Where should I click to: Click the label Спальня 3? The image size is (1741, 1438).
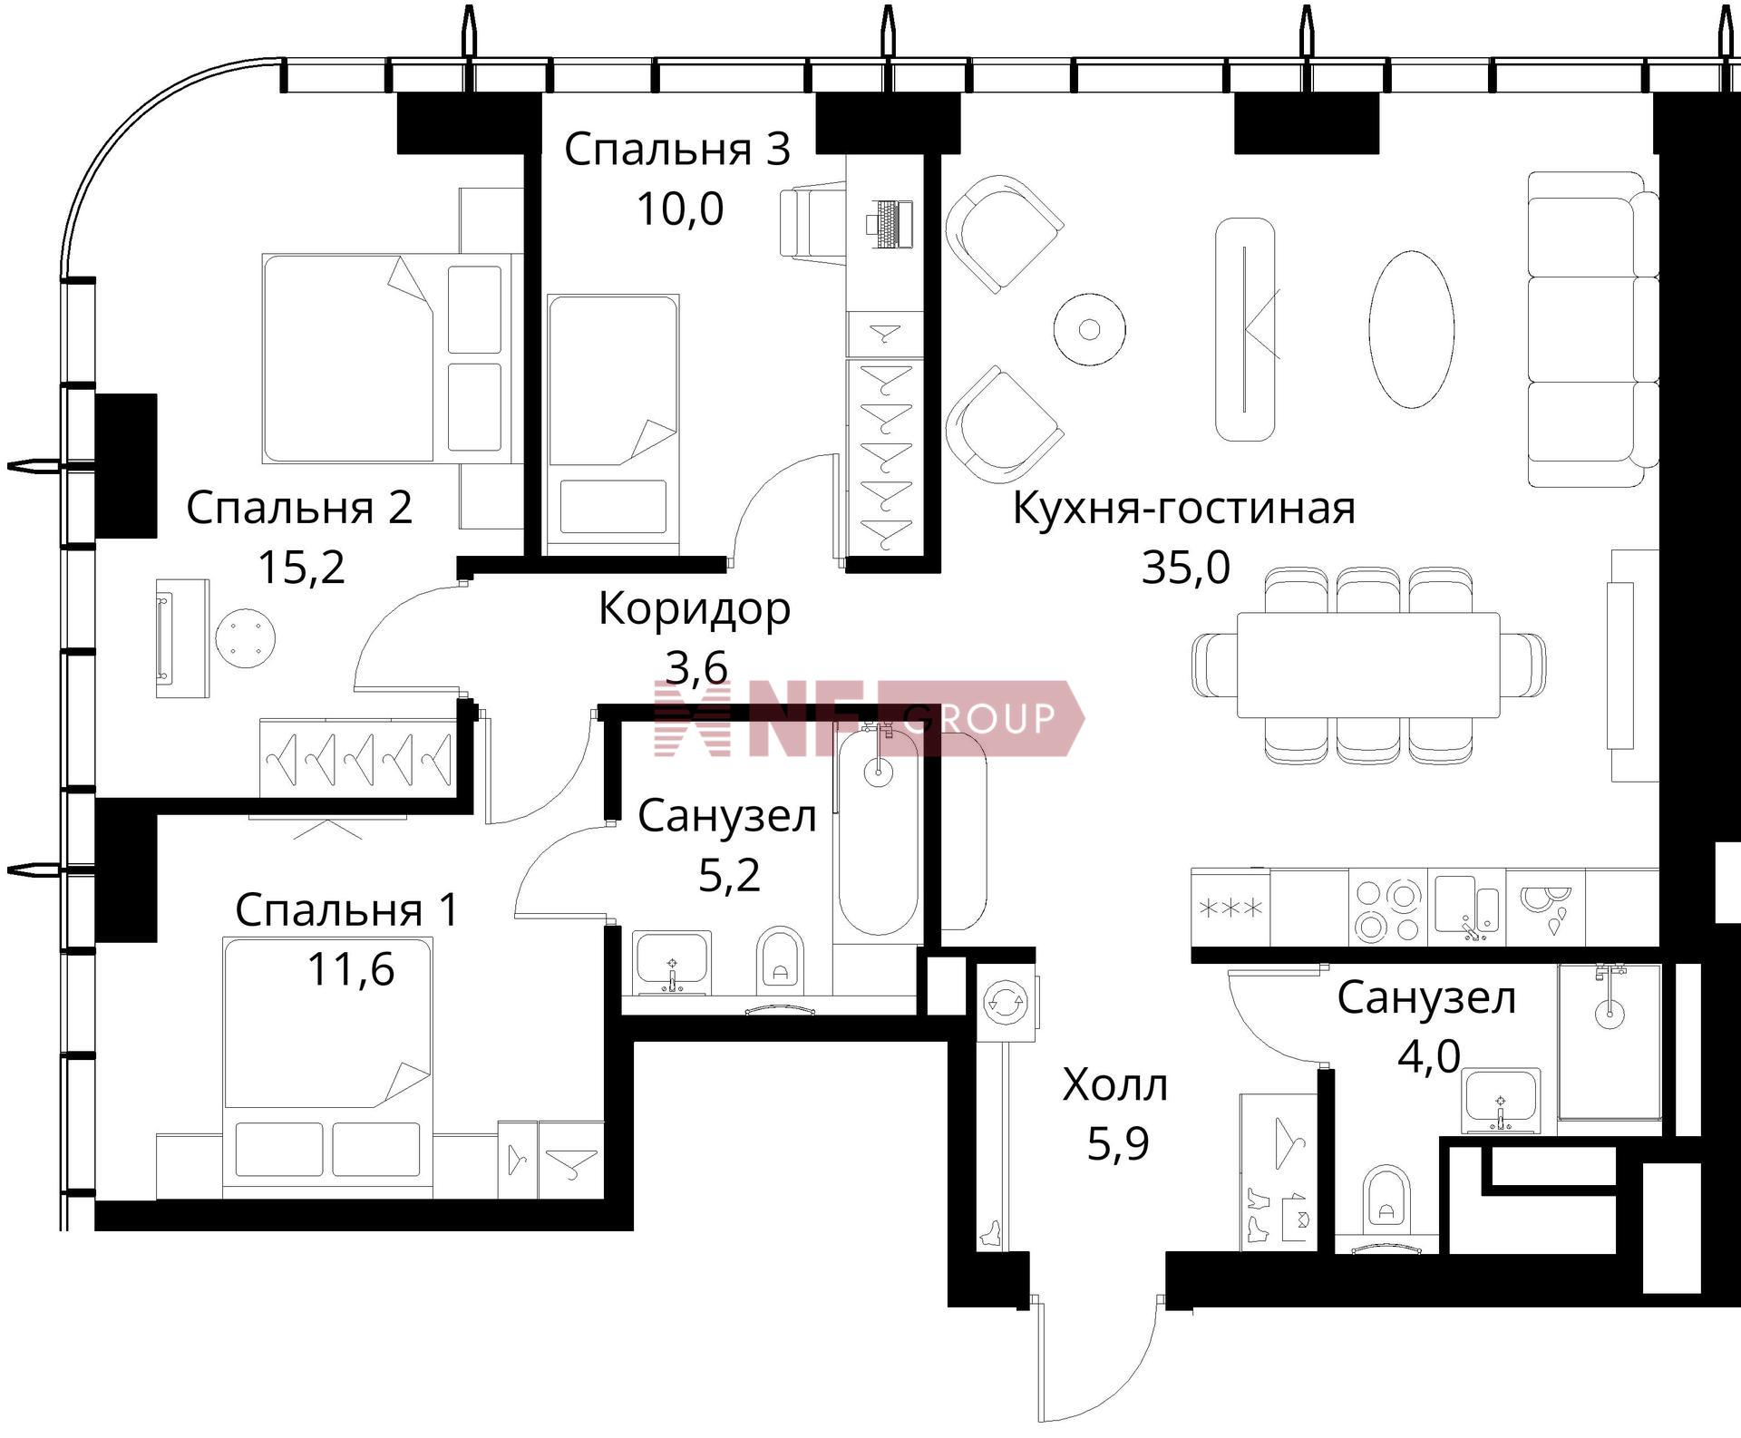point(677,151)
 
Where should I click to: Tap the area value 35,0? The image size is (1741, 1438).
point(1185,568)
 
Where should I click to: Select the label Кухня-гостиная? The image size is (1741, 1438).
point(1183,508)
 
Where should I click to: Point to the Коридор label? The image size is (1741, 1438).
point(695,610)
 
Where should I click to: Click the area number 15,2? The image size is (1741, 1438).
point(301,568)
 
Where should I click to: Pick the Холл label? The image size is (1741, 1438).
point(1114,1084)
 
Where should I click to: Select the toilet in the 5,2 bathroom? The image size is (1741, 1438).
point(780,957)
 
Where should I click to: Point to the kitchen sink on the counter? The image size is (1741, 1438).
point(1466,908)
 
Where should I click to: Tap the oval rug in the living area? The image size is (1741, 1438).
point(1411,329)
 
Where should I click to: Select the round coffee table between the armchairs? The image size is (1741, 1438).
point(1090,328)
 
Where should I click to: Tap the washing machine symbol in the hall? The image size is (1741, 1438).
point(1006,1002)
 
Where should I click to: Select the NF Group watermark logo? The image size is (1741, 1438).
point(869,718)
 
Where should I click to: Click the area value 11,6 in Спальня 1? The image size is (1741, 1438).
point(351,969)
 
